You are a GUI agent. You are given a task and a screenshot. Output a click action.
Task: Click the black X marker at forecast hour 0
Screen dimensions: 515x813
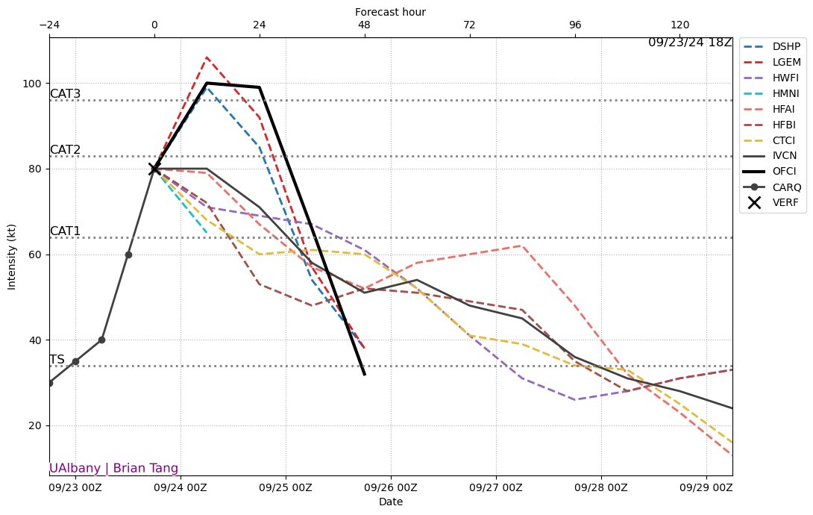(x=154, y=169)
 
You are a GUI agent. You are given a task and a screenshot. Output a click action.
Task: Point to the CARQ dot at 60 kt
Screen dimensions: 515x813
(x=128, y=255)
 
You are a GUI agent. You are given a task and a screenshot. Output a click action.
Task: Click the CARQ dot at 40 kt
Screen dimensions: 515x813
(x=101, y=340)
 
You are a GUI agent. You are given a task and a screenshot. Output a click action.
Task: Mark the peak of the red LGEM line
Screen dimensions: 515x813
(x=207, y=57)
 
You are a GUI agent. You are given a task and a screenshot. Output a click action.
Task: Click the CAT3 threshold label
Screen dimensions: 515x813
(x=65, y=94)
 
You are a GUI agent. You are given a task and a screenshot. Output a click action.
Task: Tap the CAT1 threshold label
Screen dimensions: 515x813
(x=65, y=231)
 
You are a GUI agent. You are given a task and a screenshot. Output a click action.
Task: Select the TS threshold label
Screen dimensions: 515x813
(x=57, y=360)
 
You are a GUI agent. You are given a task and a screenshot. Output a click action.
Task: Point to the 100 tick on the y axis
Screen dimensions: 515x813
(x=34, y=84)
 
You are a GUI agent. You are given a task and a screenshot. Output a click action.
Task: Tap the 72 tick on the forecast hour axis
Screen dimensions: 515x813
(x=470, y=23)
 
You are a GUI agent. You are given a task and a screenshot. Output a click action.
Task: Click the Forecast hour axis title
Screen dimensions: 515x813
(x=390, y=12)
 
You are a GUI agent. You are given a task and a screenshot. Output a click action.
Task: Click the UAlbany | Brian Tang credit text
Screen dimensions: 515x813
(x=113, y=468)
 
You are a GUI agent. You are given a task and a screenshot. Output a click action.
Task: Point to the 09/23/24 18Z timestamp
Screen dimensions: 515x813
(x=690, y=43)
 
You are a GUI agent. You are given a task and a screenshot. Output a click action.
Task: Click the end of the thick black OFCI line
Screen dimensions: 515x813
(x=365, y=374)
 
